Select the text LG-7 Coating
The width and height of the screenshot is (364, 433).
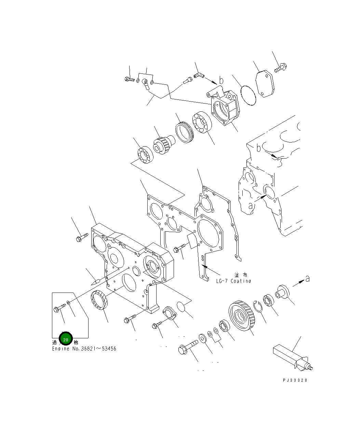(x=233, y=281)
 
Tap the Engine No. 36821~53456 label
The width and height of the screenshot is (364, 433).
(x=84, y=349)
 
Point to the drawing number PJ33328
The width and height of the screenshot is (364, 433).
(x=295, y=380)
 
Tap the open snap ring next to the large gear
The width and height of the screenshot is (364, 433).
(x=258, y=306)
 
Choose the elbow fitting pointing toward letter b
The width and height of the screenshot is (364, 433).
(x=198, y=75)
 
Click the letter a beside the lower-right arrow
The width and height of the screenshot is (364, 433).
(x=308, y=279)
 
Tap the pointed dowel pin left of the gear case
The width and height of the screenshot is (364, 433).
(x=96, y=282)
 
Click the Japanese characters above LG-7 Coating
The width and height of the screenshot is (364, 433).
(x=241, y=274)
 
